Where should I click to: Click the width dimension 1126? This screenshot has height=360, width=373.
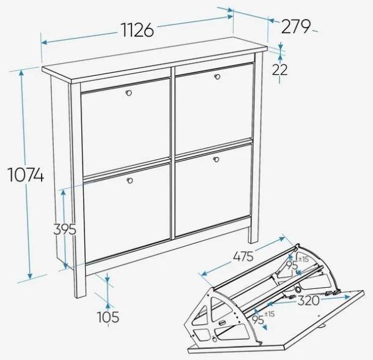(x=138, y=30)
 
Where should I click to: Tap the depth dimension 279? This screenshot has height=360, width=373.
(x=296, y=26)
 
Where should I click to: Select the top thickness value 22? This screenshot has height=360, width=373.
(x=280, y=70)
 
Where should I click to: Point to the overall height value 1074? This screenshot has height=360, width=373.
(x=26, y=174)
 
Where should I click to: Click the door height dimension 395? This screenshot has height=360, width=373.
(x=65, y=229)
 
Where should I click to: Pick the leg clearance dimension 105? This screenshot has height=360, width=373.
(x=108, y=317)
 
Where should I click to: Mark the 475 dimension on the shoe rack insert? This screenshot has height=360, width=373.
(x=243, y=257)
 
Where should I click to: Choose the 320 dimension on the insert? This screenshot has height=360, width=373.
(x=309, y=301)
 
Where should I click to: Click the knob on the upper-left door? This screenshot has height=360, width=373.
(x=128, y=93)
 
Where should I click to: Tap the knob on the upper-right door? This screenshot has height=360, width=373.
(x=217, y=77)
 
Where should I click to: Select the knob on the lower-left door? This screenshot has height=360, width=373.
(x=130, y=181)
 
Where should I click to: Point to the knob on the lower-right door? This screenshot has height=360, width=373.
(x=216, y=159)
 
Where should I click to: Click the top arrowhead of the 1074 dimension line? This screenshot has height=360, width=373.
(x=21, y=72)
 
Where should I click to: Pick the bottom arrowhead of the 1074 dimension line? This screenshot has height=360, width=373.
(x=30, y=276)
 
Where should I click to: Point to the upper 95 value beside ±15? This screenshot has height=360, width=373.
(x=292, y=265)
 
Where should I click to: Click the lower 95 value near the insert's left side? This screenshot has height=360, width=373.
(x=257, y=320)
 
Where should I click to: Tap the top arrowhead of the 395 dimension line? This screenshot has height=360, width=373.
(x=63, y=192)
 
